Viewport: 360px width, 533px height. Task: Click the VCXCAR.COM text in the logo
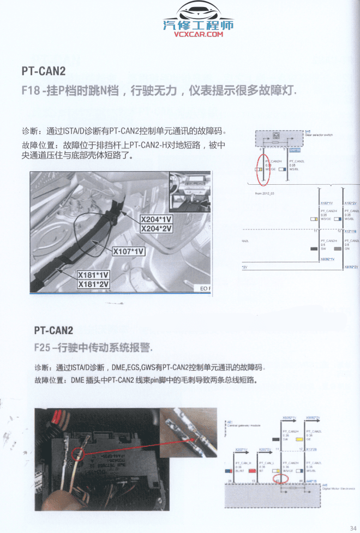[199, 34]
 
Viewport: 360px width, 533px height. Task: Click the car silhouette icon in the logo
[199, 10]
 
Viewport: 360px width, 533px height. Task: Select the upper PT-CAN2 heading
[43, 71]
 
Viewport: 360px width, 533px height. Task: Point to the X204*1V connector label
[156, 220]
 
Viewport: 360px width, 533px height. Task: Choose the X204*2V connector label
[156, 228]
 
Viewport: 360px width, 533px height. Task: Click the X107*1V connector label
[129, 251]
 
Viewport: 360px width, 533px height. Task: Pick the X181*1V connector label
[93, 275]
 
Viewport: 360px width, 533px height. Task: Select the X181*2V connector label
[93, 284]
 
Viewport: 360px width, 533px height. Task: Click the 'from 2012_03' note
[264, 193]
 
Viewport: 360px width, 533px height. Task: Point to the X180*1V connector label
[327, 203]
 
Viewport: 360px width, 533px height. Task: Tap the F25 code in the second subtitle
[43, 347]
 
